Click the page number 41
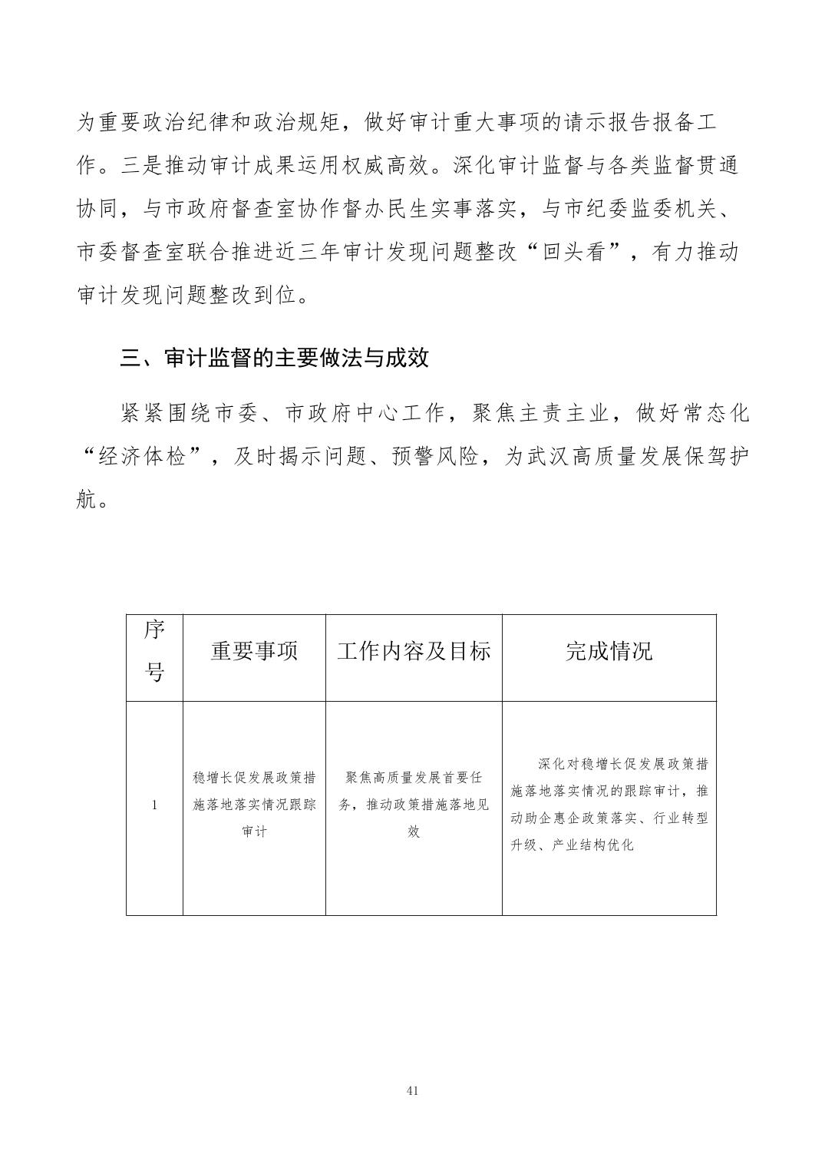click(x=412, y=1090)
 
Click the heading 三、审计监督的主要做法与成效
click(x=275, y=359)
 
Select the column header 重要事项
click(x=254, y=652)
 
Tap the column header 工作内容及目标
click(x=414, y=652)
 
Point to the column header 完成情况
click(x=609, y=652)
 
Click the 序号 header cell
click(x=154, y=652)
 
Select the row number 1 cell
click(x=154, y=805)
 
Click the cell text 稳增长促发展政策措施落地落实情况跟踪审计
click(x=254, y=805)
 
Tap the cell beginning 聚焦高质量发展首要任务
click(x=414, y=805)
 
